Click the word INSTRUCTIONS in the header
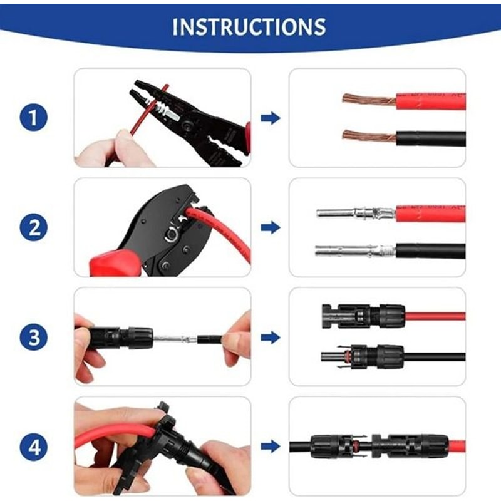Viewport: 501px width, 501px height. point(249,27)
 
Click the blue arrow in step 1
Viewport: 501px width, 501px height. point(270,118)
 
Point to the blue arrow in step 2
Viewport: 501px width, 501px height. point(270,227)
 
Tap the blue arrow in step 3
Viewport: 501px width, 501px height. point(270,338)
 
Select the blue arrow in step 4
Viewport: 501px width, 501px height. point(270,447)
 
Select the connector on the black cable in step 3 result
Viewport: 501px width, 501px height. point(369,358)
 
